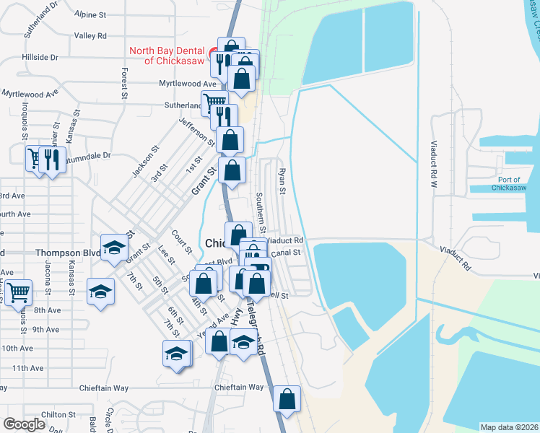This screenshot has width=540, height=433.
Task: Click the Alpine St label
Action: pos(90,14)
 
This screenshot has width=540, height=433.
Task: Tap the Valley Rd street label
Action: pos(90,35)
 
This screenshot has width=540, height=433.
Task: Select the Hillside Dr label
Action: pos(40,56)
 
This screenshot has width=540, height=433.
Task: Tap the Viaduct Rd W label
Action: pos(435,165)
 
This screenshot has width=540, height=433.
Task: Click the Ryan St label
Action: pos(283,181)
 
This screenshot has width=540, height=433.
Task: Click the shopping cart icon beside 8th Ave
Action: pos(18,293)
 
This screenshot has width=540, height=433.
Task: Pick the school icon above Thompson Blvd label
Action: pos(113,248)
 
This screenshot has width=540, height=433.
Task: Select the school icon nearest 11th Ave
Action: pos(175,354)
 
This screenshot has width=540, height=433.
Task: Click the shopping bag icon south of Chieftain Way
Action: pos(287,398)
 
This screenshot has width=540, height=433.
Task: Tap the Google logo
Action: pos(25,424)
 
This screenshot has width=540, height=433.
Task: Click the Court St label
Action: pos(181,242)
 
